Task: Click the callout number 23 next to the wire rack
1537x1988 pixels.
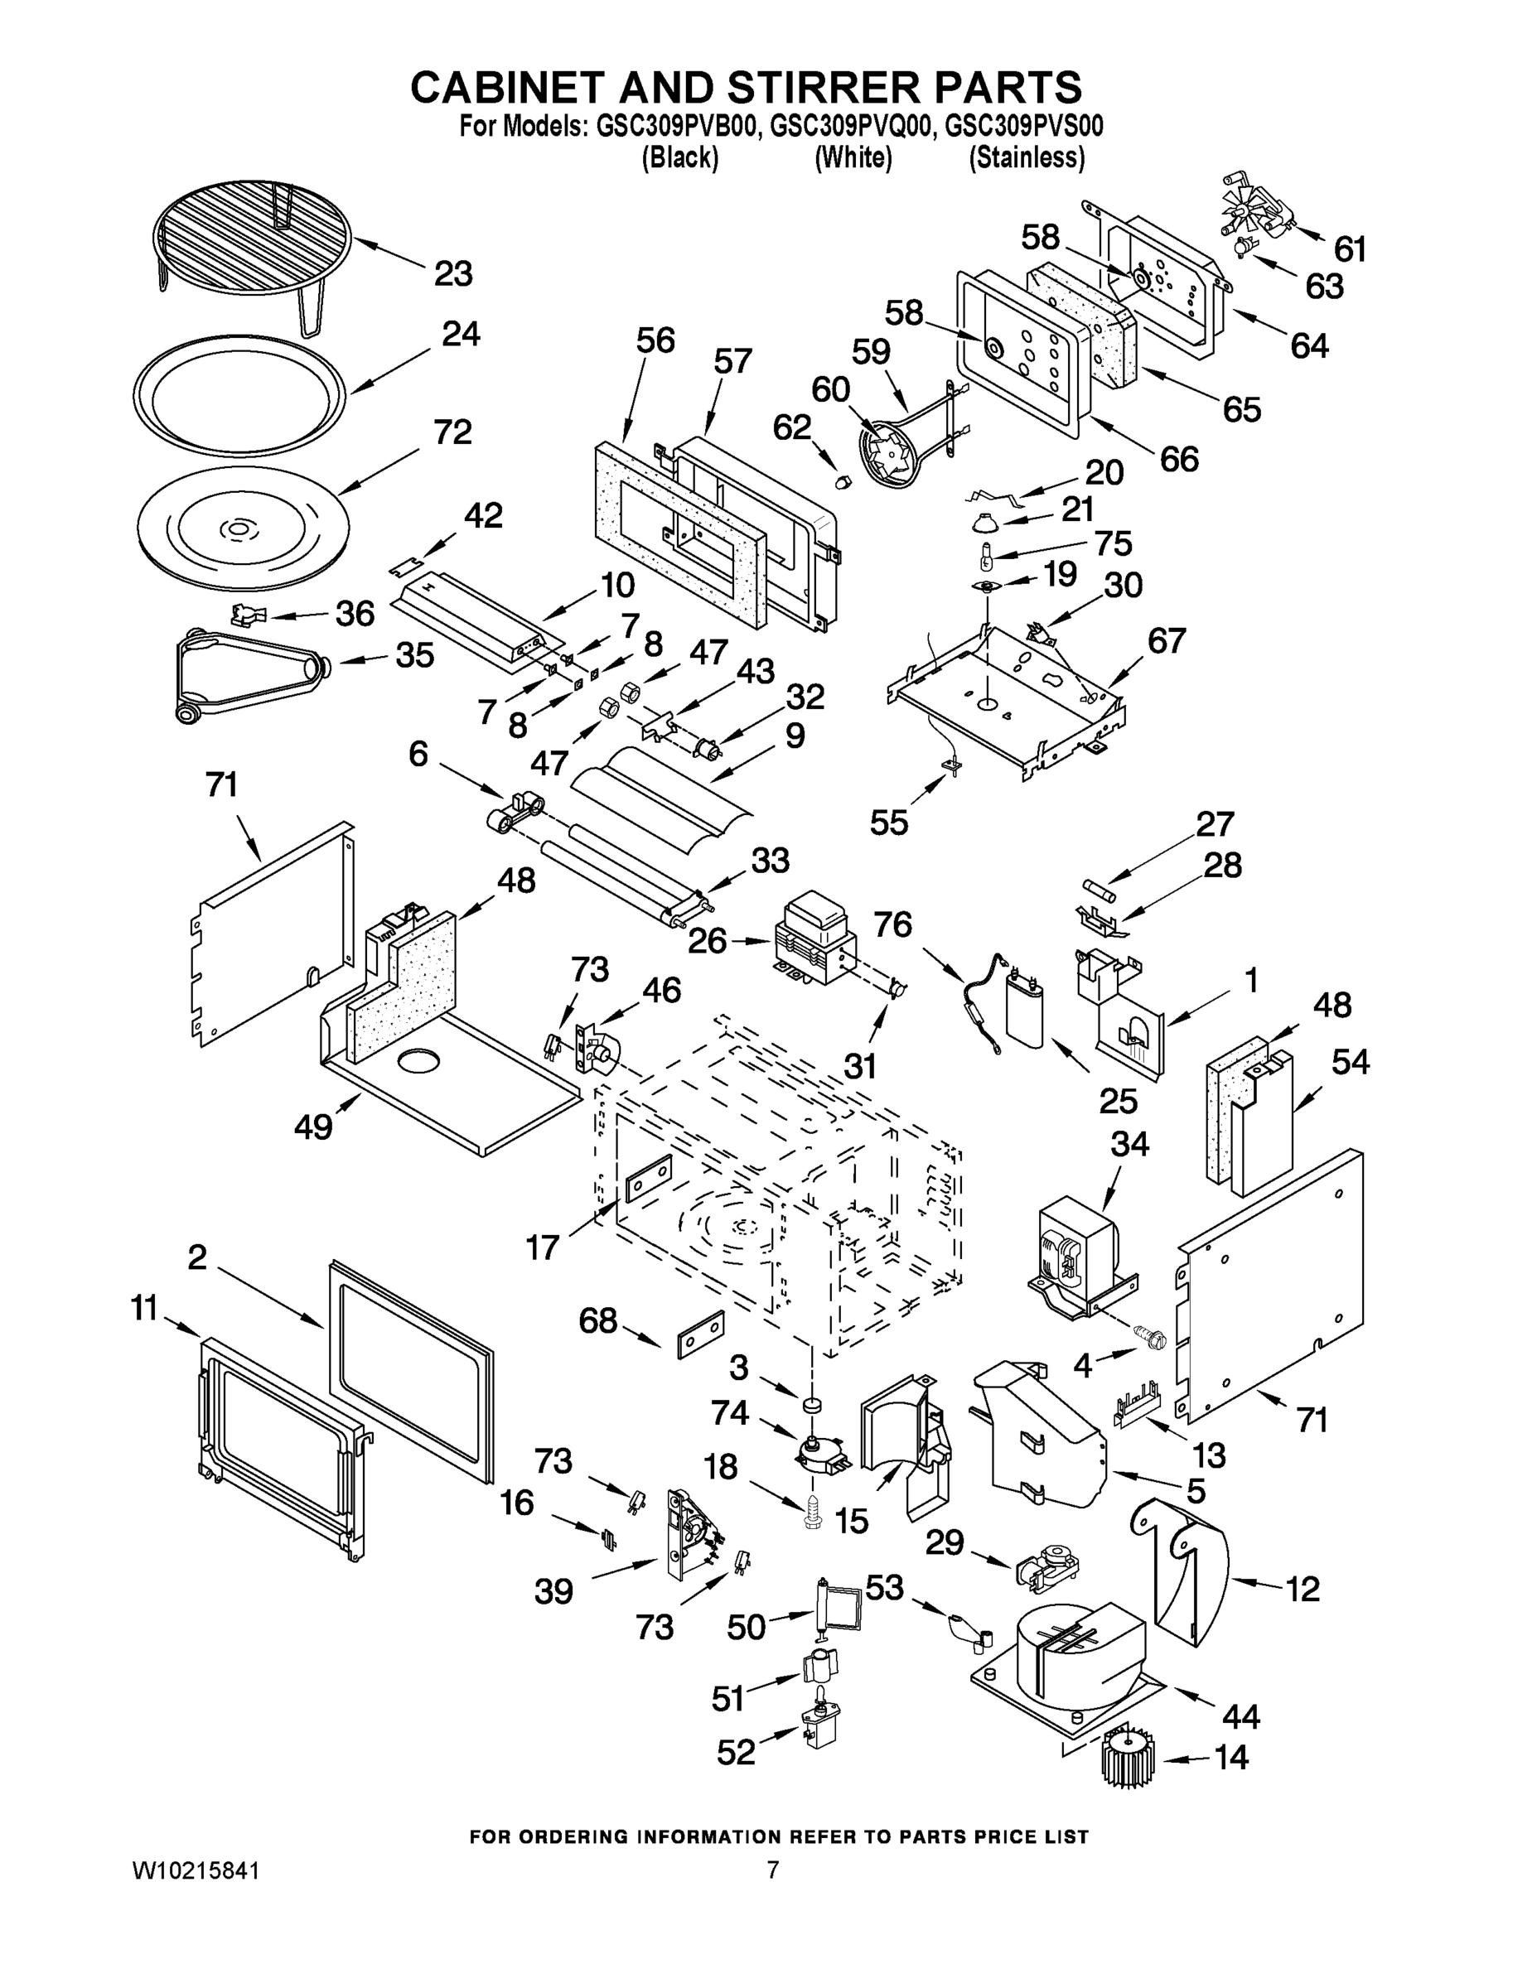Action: point(452,273)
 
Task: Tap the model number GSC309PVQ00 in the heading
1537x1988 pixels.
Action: point(853,127)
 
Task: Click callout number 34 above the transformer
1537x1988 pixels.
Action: point(1129,1144)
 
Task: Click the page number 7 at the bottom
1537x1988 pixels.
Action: point(771,1870)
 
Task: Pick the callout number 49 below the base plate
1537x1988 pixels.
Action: point(313,1128)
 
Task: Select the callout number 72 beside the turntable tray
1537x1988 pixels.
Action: point(452,432)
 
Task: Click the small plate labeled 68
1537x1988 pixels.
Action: point(700,1334)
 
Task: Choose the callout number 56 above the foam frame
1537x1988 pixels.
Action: point(655,340)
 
